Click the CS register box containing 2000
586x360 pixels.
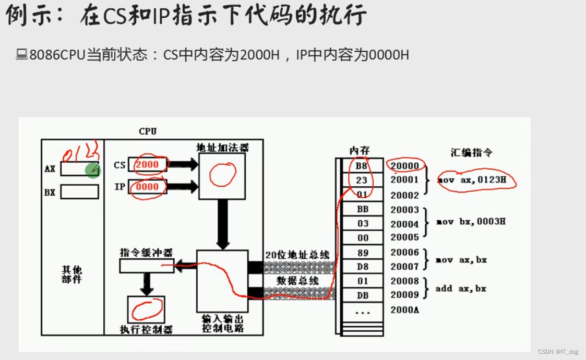(148, 165)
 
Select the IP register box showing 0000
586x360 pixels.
(148, 186)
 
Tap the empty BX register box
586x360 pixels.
(79, 192)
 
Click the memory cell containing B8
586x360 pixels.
(361, 165)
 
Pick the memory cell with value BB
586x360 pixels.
(361, 209)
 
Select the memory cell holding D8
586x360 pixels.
(361, 267)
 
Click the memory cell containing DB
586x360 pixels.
(361, 294)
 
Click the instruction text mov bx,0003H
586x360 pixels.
(471, 221)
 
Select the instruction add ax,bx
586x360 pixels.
(460, 288)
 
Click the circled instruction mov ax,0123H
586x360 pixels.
(471, 180)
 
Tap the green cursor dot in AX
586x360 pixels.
(92, 170)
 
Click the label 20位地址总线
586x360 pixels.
(297, 255)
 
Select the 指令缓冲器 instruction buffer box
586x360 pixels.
(146, 266)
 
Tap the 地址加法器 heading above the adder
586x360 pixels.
(222, 148)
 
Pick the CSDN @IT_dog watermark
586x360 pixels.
(558, 352)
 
